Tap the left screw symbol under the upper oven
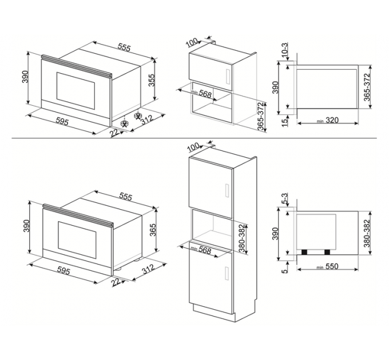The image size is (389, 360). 124,122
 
